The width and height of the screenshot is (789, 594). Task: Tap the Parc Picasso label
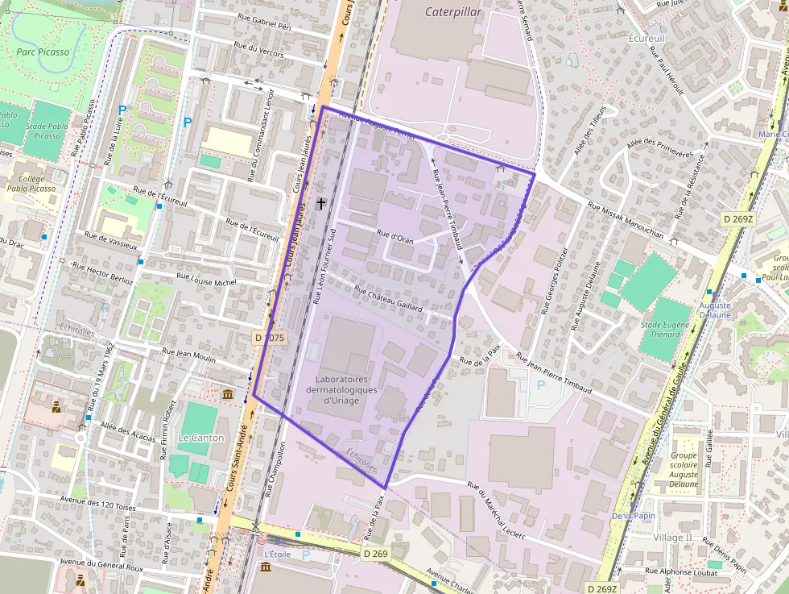pyautogui.click(x=43, y=52)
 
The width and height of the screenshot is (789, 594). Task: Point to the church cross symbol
pyautogui.click(x=321, y=204)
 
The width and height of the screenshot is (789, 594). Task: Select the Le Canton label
pyautogui.click(x=201, y=438)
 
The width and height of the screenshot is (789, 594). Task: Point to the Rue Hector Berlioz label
pyautogui.click(x=120, y=268)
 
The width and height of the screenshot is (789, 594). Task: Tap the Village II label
pyautogui.click(x=672, y=538)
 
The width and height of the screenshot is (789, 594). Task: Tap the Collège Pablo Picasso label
pyautogui.click(x=31, y=184)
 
